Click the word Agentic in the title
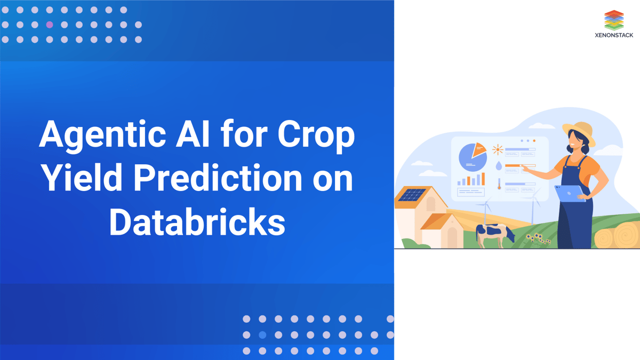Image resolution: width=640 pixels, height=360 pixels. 102,135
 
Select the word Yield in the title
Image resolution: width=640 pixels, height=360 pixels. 82,178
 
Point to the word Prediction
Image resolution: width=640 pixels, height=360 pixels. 218,178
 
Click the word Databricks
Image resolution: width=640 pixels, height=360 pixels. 197,221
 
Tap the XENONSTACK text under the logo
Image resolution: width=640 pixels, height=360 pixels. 614,35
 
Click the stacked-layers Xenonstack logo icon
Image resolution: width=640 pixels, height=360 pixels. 614,20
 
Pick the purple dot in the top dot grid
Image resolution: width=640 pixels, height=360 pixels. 50,25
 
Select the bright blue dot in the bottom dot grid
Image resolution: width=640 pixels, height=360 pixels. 262,335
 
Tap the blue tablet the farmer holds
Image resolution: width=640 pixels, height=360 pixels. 569,194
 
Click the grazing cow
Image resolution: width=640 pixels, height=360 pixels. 495,235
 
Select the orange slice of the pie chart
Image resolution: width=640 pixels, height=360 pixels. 478,150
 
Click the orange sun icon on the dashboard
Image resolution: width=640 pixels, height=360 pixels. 498,149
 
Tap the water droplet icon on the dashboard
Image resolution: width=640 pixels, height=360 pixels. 499,166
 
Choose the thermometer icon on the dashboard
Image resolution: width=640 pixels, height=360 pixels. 499,184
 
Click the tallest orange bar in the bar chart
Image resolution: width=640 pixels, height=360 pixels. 483,179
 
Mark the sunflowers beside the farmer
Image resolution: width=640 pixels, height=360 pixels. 538,238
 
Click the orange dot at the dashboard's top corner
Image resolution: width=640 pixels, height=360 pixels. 534,141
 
